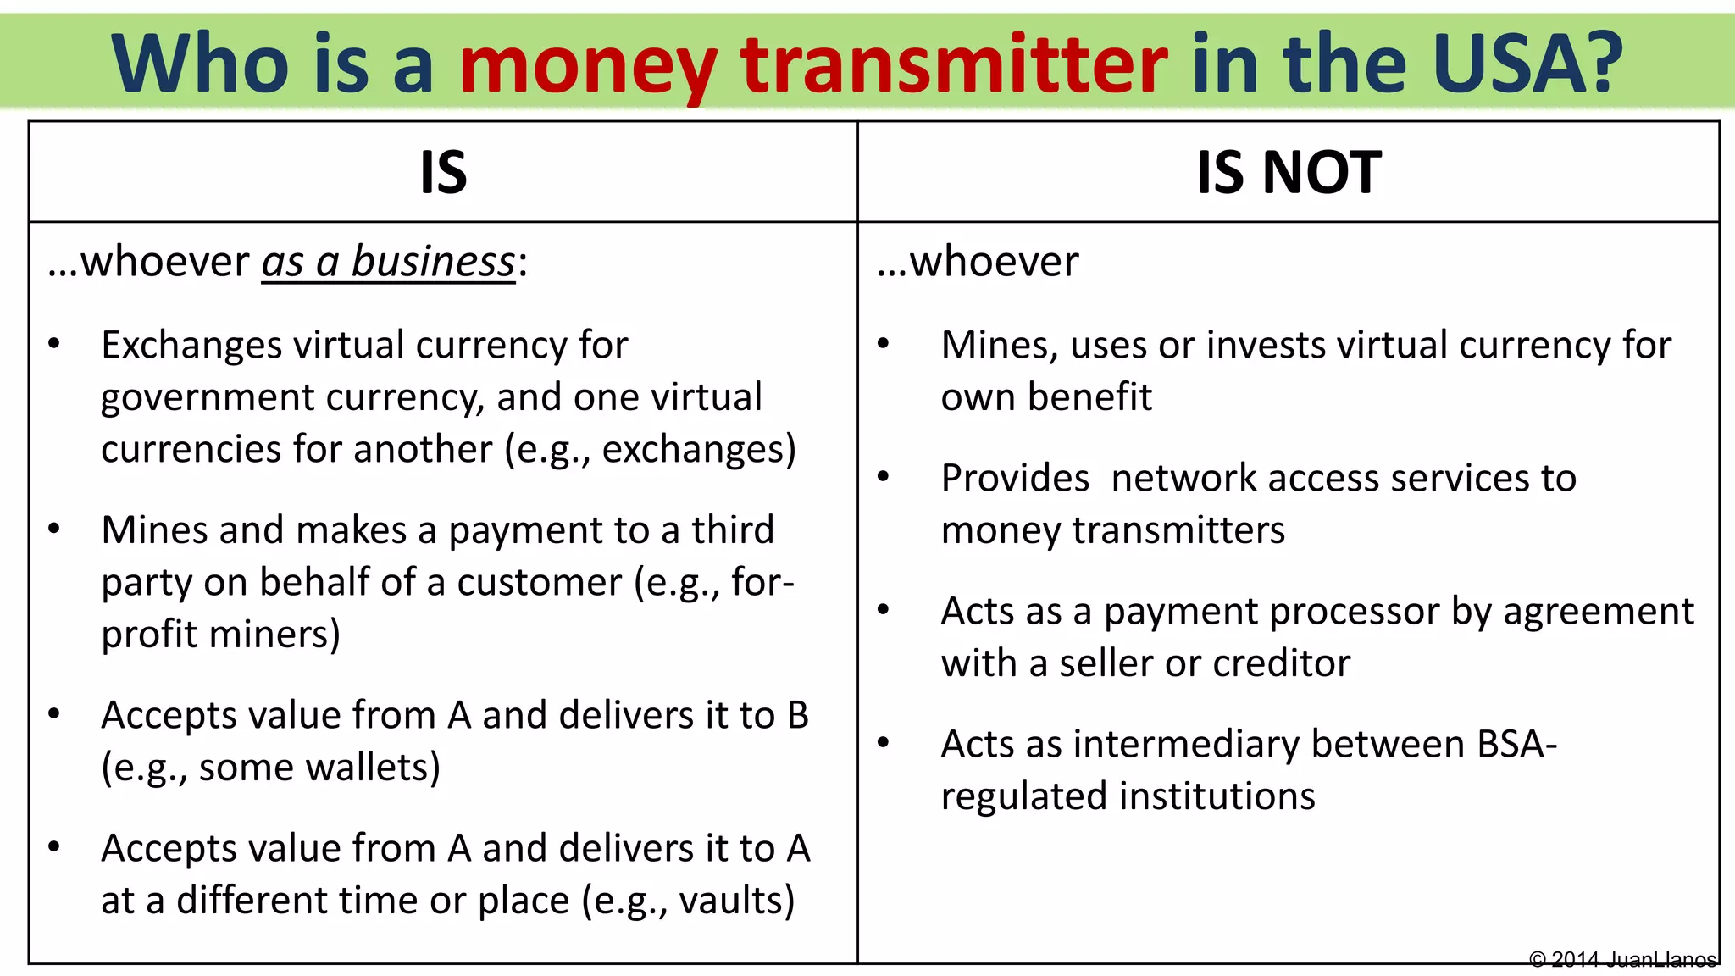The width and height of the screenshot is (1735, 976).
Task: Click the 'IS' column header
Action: (x=443, y=173)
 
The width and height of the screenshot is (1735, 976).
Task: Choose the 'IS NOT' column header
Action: (x=1289, y=173)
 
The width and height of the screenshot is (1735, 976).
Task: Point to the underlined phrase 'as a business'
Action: (x=388, y=262)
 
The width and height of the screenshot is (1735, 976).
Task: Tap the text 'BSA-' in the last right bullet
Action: (x=1516, y=745)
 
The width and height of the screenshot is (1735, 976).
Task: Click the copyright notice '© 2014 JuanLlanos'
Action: (x=1622, y=960)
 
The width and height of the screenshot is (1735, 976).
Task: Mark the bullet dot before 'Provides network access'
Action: (x=884, y=477)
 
